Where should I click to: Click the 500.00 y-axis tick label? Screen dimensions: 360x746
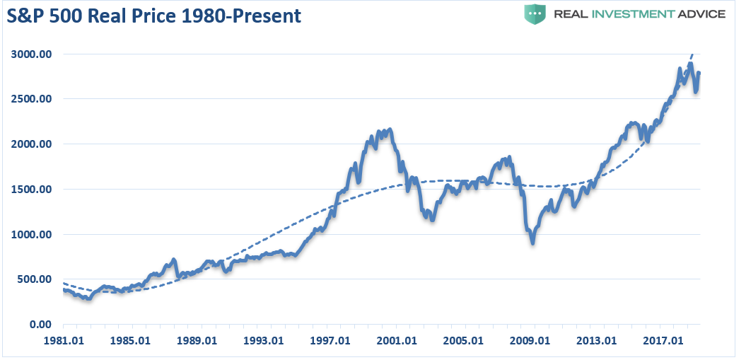pyautogui.click(x=34, y=279)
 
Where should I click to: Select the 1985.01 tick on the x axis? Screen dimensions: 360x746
pyautogui.click(x=131, y=339)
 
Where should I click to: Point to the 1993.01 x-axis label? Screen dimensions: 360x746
pyautogui.click(x=264, y=339)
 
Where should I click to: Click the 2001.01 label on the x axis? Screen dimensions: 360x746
pyautogui.click(x=397, y=339)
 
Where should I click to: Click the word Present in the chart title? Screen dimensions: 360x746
pyautogui.click(x=271, y=15)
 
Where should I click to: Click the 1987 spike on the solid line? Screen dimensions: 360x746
pyautogui.click(x=174, y=260)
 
